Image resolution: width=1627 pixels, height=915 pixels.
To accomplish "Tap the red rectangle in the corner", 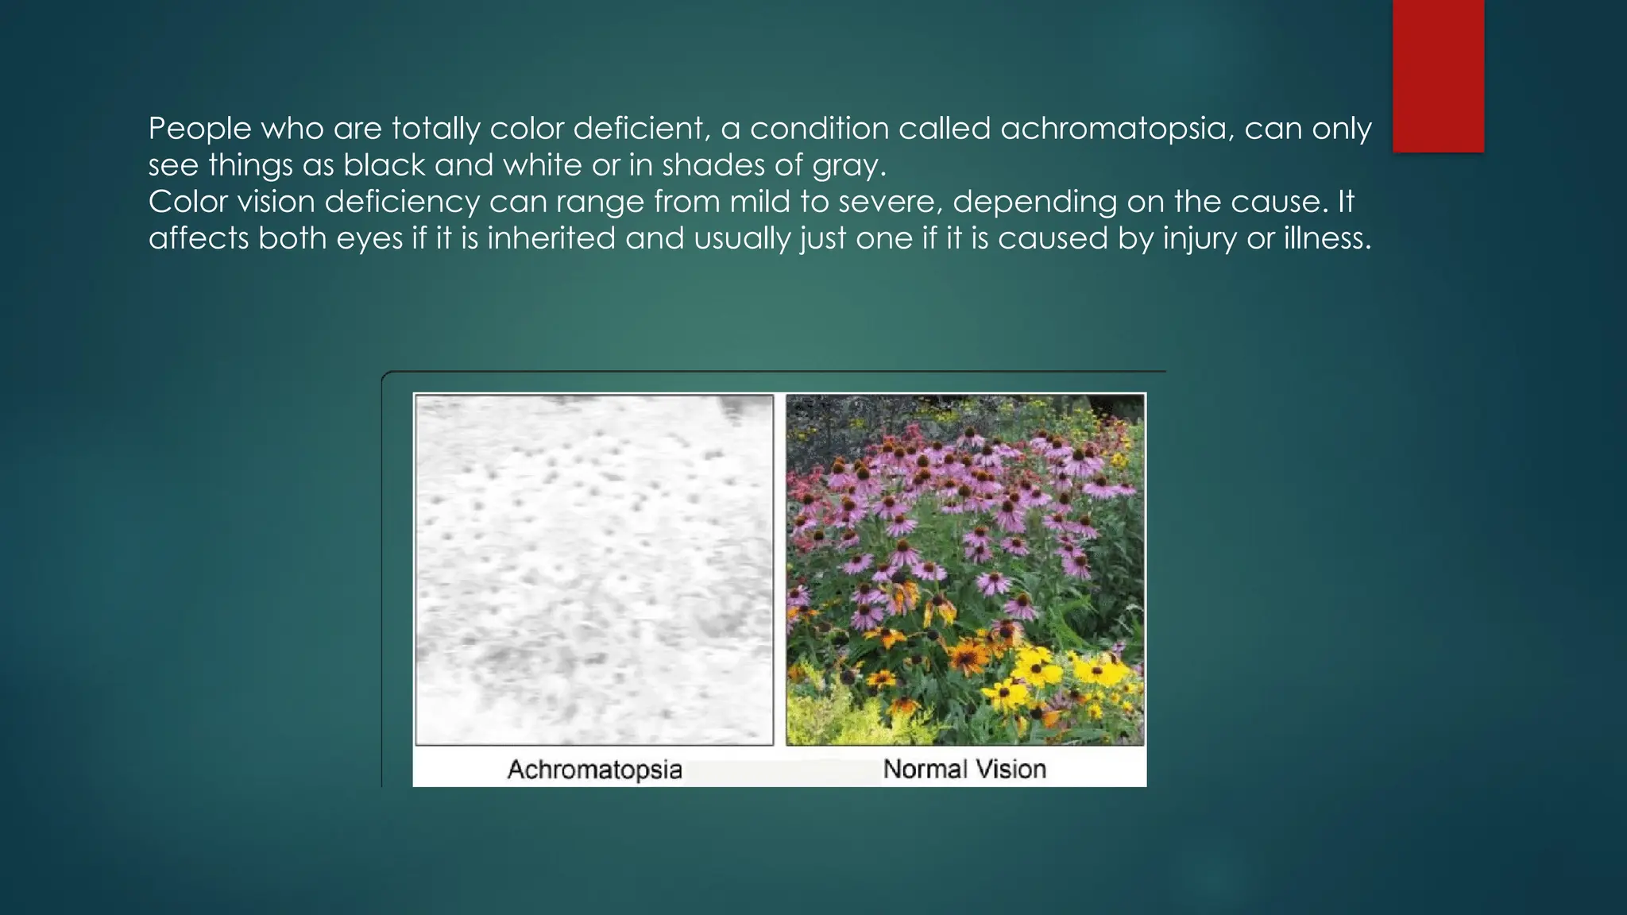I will point(1438,76).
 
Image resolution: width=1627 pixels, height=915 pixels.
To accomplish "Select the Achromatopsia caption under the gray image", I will point(594,769).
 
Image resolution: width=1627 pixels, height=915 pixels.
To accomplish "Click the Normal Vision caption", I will point(964,769).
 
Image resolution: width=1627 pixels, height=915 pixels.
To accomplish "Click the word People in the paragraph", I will point(199,129).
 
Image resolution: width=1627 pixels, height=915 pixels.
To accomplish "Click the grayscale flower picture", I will point(593,569).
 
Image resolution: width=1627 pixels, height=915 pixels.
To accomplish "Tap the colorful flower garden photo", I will point(965,569).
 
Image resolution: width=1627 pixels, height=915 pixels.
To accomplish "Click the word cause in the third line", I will point(1278,202).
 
